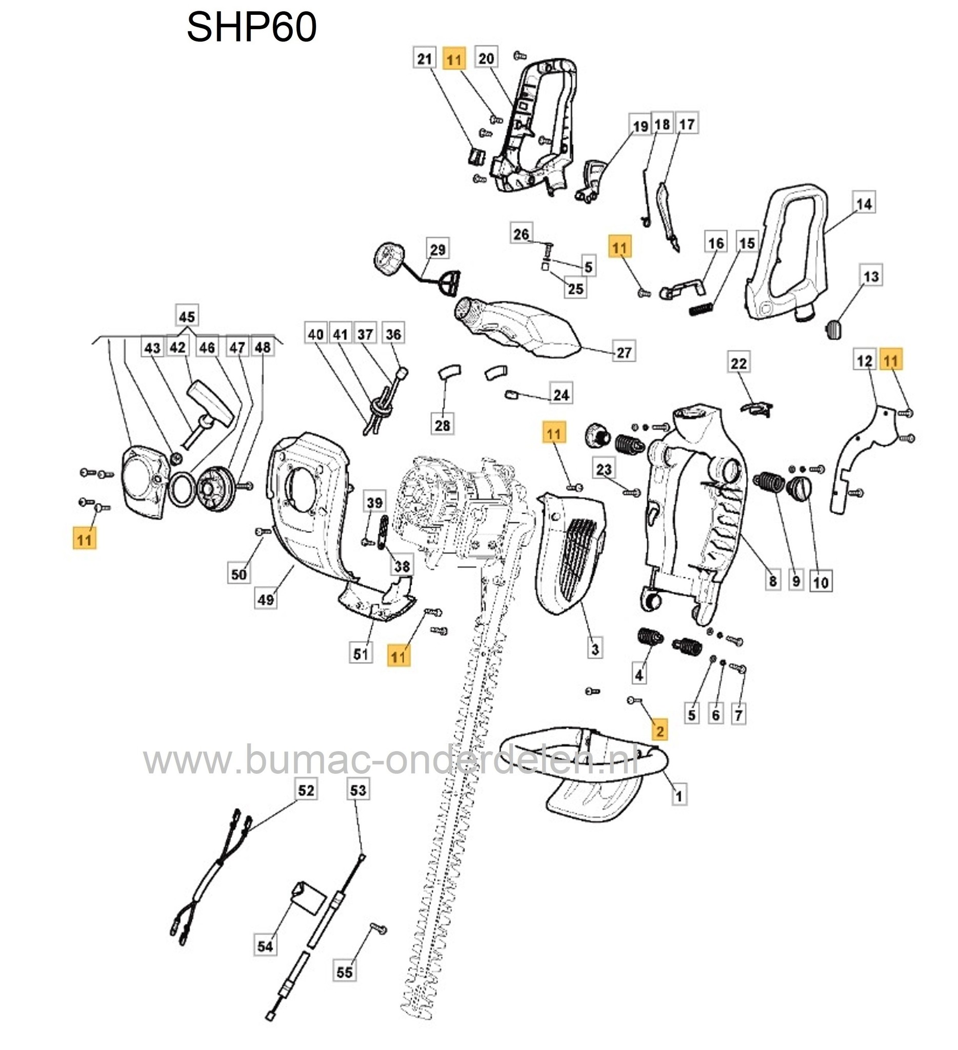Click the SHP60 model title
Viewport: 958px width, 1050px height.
tap(252, 27)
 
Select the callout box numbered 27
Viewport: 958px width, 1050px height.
tap(624, 353)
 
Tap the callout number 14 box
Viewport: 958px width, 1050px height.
tap(864, 204)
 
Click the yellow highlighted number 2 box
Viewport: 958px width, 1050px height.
tap(660, 731)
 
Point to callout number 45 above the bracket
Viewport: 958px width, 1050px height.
tap(187, 316)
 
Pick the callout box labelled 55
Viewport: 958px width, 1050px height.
tap(344, 972)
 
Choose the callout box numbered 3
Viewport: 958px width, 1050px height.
tap(594, 649)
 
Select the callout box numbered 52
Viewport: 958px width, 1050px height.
tap(306, 791)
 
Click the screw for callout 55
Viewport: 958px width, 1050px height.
tap(378, 928)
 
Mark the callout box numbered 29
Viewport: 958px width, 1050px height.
tap(437, 250)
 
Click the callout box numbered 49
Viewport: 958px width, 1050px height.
tap(266, 599)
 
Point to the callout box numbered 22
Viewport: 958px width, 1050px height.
tap(738, 363)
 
